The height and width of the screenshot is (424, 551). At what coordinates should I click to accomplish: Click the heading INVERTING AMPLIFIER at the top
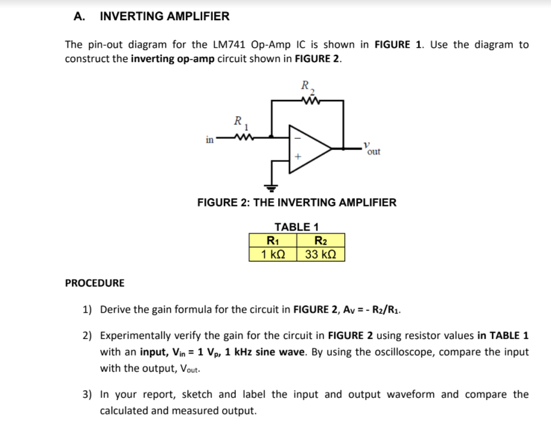164,17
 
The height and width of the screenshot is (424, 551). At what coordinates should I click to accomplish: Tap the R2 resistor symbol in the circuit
312,101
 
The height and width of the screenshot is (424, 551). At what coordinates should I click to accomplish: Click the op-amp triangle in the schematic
308,149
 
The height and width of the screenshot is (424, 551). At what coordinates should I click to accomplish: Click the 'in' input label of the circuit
209,140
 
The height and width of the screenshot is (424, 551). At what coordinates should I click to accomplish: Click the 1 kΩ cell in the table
273,254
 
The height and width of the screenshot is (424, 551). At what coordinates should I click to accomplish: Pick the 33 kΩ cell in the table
320,254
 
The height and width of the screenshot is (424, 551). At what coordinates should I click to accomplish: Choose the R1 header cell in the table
273,241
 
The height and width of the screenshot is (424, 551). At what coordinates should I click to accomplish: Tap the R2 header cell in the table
320,241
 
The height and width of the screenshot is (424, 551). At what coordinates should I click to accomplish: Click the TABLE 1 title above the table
296,227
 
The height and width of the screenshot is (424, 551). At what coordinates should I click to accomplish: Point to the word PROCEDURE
95,283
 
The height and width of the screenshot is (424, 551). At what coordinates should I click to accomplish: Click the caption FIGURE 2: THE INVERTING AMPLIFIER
297,202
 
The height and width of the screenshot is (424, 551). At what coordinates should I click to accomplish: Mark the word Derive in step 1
116,310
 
